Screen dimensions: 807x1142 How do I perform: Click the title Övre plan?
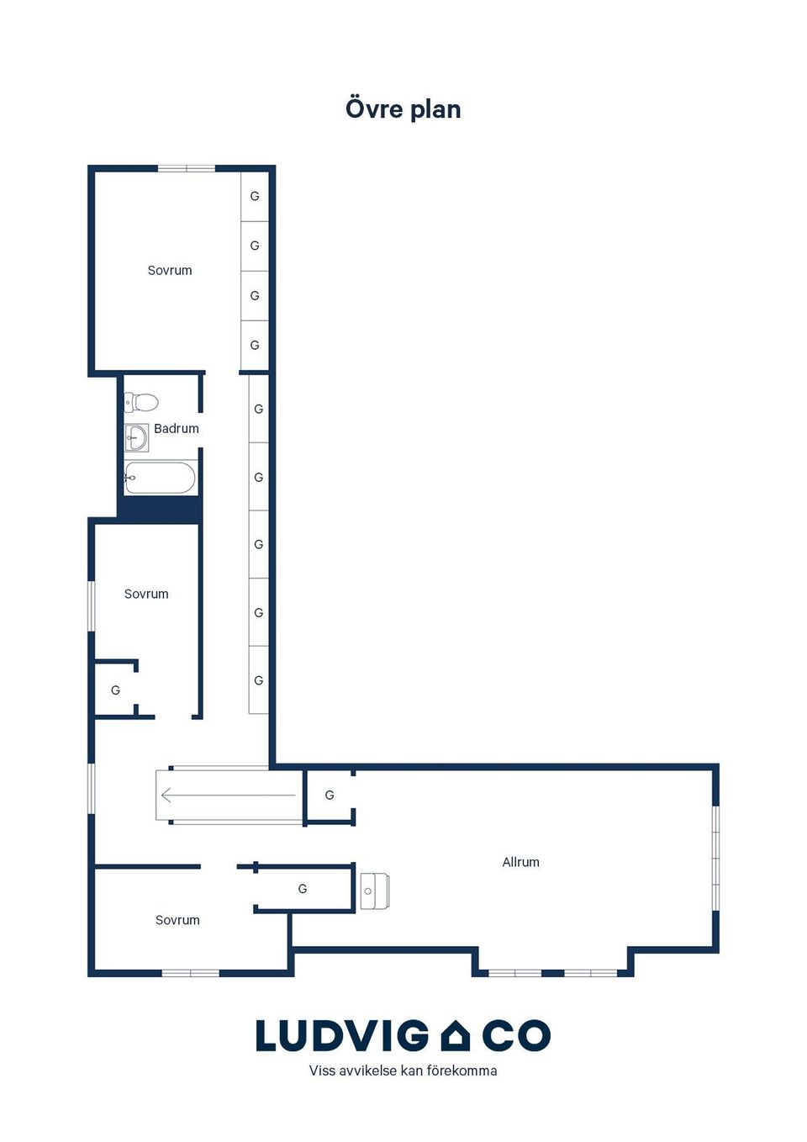(403, 109)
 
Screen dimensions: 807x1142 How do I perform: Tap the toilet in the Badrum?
(141, 402)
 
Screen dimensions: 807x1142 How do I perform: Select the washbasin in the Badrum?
(136, 437)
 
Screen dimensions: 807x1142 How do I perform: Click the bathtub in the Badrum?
(160, 478)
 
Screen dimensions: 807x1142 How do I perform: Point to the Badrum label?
(177, 428)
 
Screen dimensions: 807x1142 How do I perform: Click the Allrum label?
(520, 862)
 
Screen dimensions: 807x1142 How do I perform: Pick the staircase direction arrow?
(229, 795)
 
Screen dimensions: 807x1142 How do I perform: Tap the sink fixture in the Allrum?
(375, 891)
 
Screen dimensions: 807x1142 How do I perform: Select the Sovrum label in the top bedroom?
(170, 270)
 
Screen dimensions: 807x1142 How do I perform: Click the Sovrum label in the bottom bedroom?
(177, 920)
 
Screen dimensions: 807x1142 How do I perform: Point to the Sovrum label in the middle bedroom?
(146, 594)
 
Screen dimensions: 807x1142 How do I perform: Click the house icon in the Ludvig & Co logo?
(455, 1035)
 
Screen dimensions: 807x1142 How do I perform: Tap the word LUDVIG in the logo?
(342, 1035)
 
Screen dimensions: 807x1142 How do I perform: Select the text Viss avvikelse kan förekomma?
(403, 1071)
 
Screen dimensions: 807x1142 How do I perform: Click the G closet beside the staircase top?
(330, 795)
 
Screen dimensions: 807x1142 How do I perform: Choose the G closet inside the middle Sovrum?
(116, 690)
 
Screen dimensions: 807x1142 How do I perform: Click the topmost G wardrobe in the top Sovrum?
(254, 196)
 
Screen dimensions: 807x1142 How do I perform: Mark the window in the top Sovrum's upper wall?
(187, 168)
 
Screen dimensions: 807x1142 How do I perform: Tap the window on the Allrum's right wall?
(716, 858)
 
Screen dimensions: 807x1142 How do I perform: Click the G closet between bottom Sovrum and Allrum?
(303, 889)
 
